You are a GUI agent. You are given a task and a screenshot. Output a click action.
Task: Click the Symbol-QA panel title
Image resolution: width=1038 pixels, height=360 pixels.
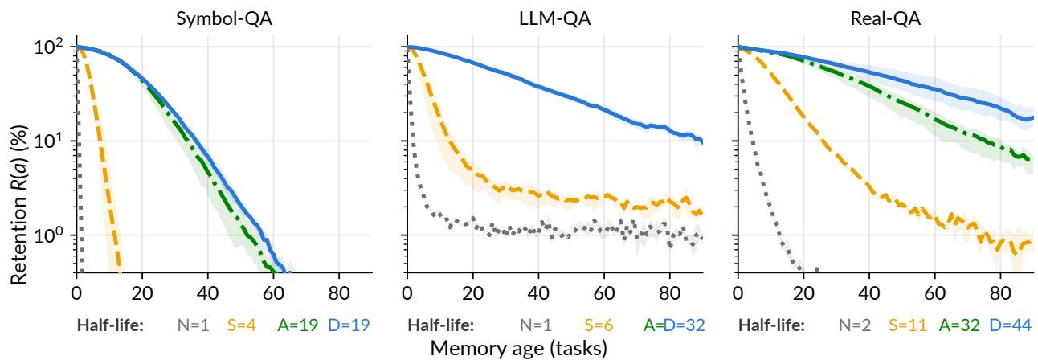tap(224, 19)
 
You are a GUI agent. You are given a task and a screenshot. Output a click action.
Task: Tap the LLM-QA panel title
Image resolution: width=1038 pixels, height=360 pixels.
tap(554, 19)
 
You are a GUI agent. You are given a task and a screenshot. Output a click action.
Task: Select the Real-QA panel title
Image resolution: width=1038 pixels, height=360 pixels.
tap(885, 19)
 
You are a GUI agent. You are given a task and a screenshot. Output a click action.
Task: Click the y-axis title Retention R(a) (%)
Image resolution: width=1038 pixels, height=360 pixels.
tap(18, 205)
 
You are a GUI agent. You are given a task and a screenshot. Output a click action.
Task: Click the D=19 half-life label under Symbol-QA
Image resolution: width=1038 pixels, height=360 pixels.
tap(349, 325)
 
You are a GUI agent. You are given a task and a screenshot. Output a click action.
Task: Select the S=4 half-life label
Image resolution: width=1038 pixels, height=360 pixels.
tap(242, 325)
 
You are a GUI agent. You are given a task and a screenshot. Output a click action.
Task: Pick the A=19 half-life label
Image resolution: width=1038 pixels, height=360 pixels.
tap(298, 325)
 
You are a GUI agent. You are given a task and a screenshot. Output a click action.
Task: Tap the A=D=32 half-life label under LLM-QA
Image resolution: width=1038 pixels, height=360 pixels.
tap(674, 325)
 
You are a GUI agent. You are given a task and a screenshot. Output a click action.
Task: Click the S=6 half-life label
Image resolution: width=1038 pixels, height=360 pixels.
tap(599, 325)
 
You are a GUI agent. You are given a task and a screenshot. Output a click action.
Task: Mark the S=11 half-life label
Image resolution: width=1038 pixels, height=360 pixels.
tap(907, 325)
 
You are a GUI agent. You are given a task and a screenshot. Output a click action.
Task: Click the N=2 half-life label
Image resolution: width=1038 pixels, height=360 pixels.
tap(855, 325)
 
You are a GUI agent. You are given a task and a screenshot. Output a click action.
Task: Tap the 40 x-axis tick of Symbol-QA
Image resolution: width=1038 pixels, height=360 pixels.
tap(207, 293)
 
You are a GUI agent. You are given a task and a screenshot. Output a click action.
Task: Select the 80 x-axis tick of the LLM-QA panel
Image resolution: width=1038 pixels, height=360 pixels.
tap(669, 293)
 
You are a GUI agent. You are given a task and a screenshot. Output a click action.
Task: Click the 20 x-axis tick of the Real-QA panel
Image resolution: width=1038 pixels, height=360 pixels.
tap(803, 293)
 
